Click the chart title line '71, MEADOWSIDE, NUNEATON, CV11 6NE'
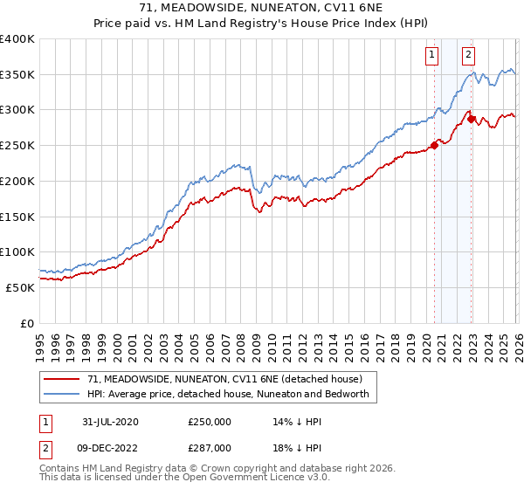point(262,8)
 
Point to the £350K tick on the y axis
point(17,75)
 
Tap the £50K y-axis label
point(20,287)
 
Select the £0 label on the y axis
point(26,323)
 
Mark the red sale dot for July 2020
point(433,146)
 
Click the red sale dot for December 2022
point(470,119)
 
